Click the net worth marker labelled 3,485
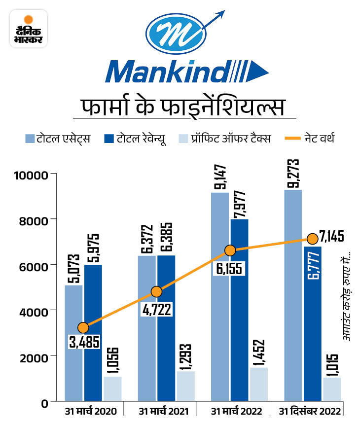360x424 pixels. [83, 328]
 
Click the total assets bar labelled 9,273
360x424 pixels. [293, 296]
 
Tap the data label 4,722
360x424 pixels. [156, 312]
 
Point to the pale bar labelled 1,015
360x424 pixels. [331, 389]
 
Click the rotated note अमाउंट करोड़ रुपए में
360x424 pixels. [347, 296]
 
